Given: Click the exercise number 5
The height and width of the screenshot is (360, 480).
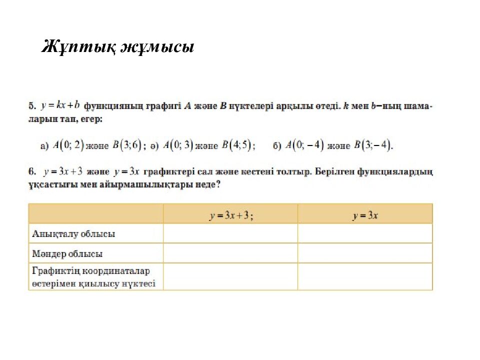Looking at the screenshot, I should click(31, 106).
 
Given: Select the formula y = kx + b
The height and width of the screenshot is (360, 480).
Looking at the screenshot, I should click(60, 105).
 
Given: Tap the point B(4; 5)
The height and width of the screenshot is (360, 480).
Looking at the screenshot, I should click(237, 146).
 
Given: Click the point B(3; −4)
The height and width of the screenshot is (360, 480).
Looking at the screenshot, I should click(372, 146).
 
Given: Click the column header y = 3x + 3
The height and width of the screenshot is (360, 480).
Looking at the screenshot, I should click(230, 215).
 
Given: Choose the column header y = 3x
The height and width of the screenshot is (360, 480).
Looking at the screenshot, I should click(365, 215).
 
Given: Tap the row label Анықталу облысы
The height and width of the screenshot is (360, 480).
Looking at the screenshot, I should click(73, 234).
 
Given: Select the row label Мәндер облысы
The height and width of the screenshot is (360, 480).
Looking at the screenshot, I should click(67, 254).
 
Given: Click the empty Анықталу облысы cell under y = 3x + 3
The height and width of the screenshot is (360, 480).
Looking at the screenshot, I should click(230, 233).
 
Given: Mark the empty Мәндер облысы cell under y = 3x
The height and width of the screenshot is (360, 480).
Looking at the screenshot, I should click(365, 253).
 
